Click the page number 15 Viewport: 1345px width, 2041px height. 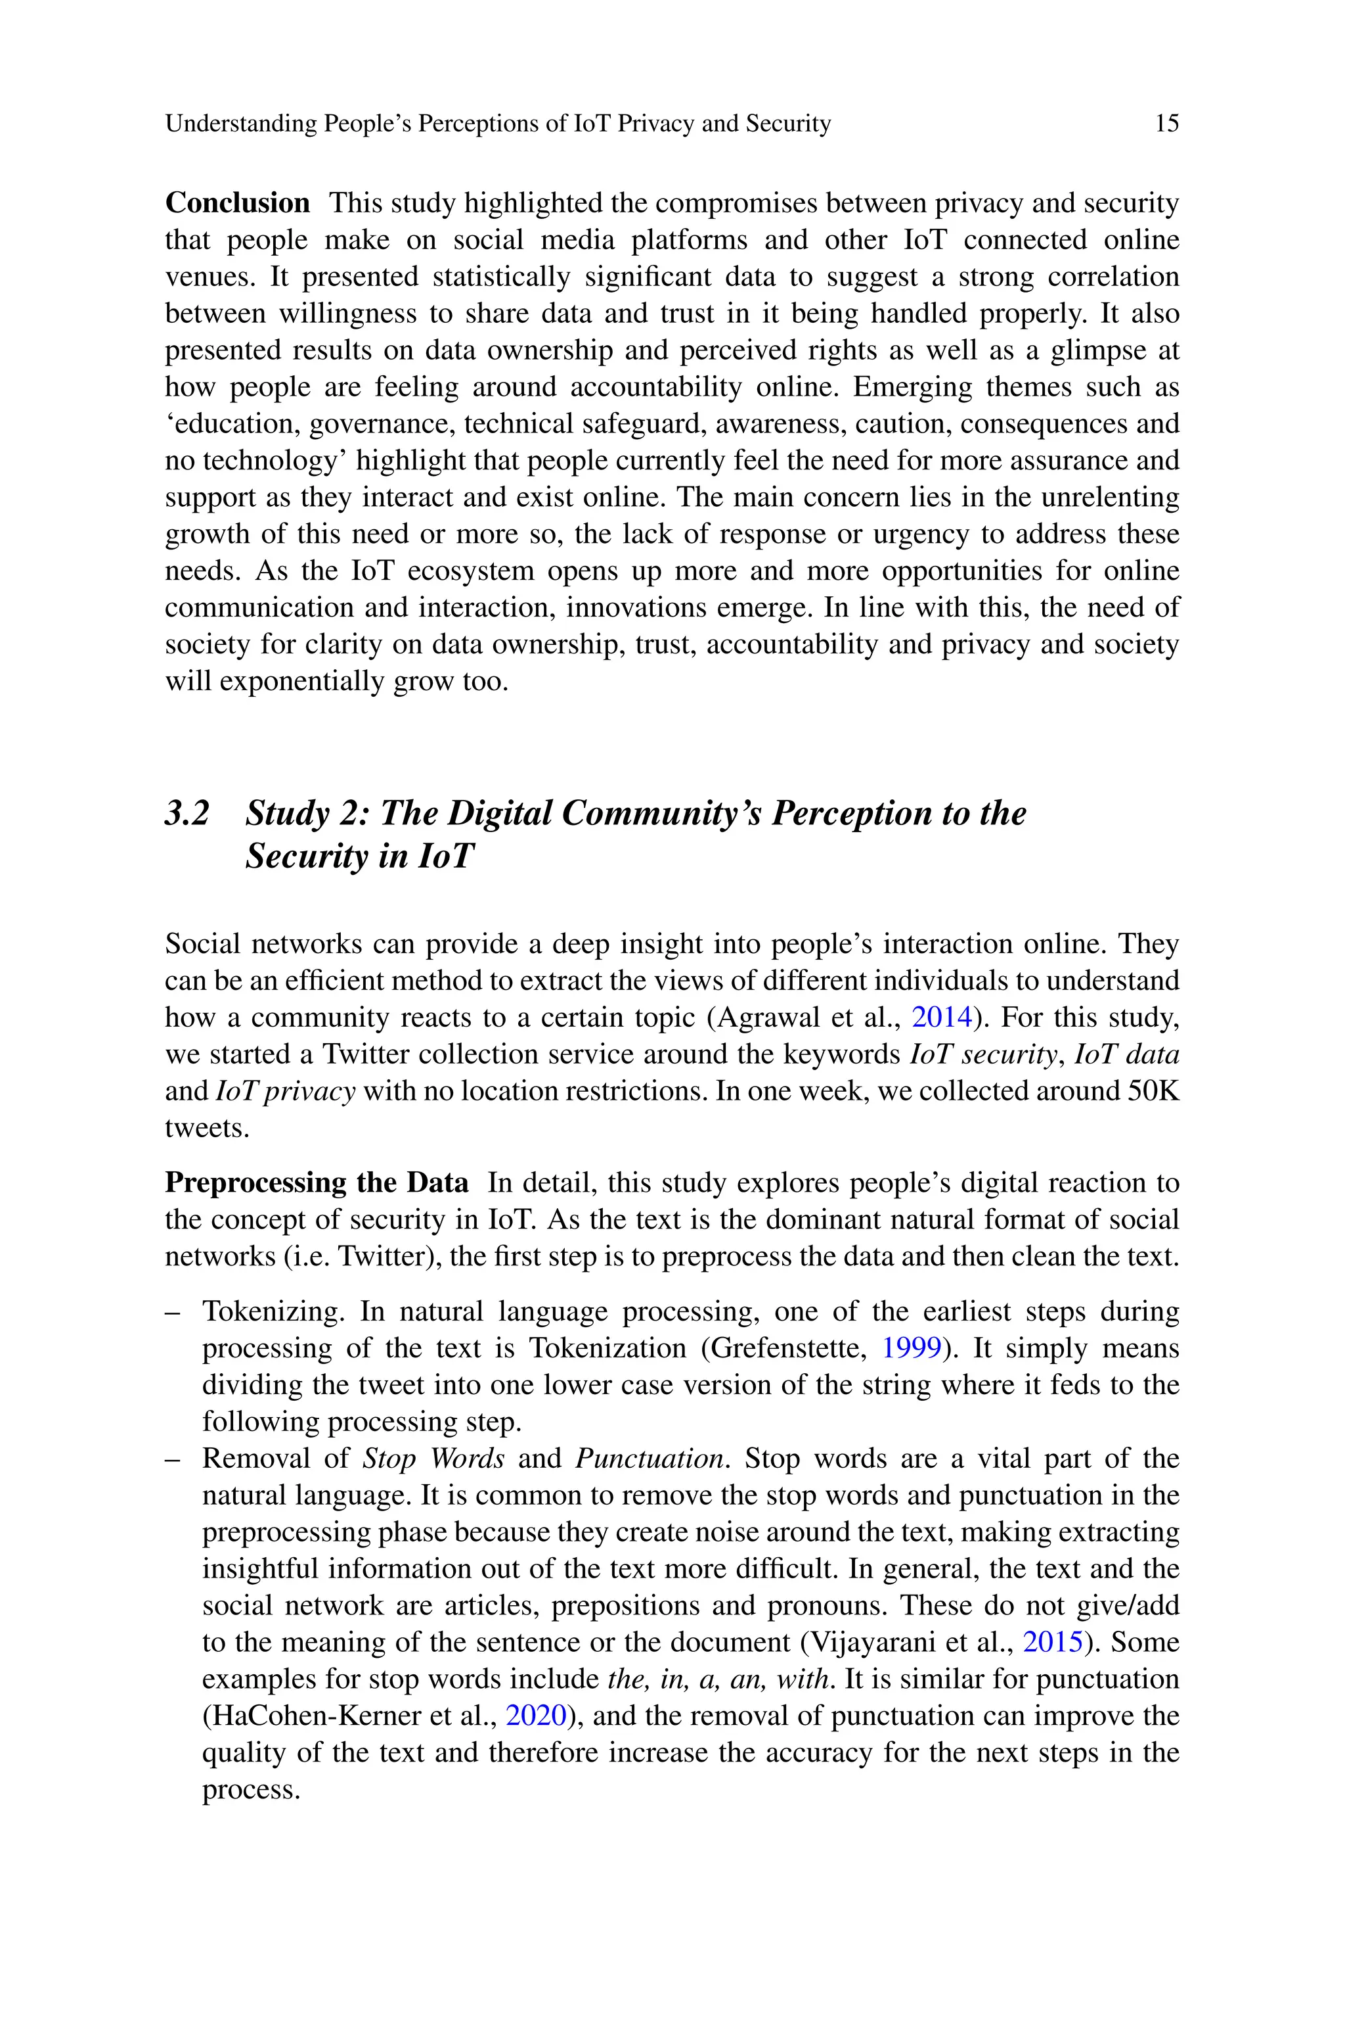(1166, 124)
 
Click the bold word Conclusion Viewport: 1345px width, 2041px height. (236, 203)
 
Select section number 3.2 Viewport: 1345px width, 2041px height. (187, 813)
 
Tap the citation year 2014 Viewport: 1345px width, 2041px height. (941, 1018)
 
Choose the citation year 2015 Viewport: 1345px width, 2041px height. (1053, 1643)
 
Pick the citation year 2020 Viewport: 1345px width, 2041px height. (536, 1716)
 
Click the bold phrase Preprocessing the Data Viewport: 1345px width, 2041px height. (317, 1184)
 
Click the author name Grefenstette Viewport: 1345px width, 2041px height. (788, 1348)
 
